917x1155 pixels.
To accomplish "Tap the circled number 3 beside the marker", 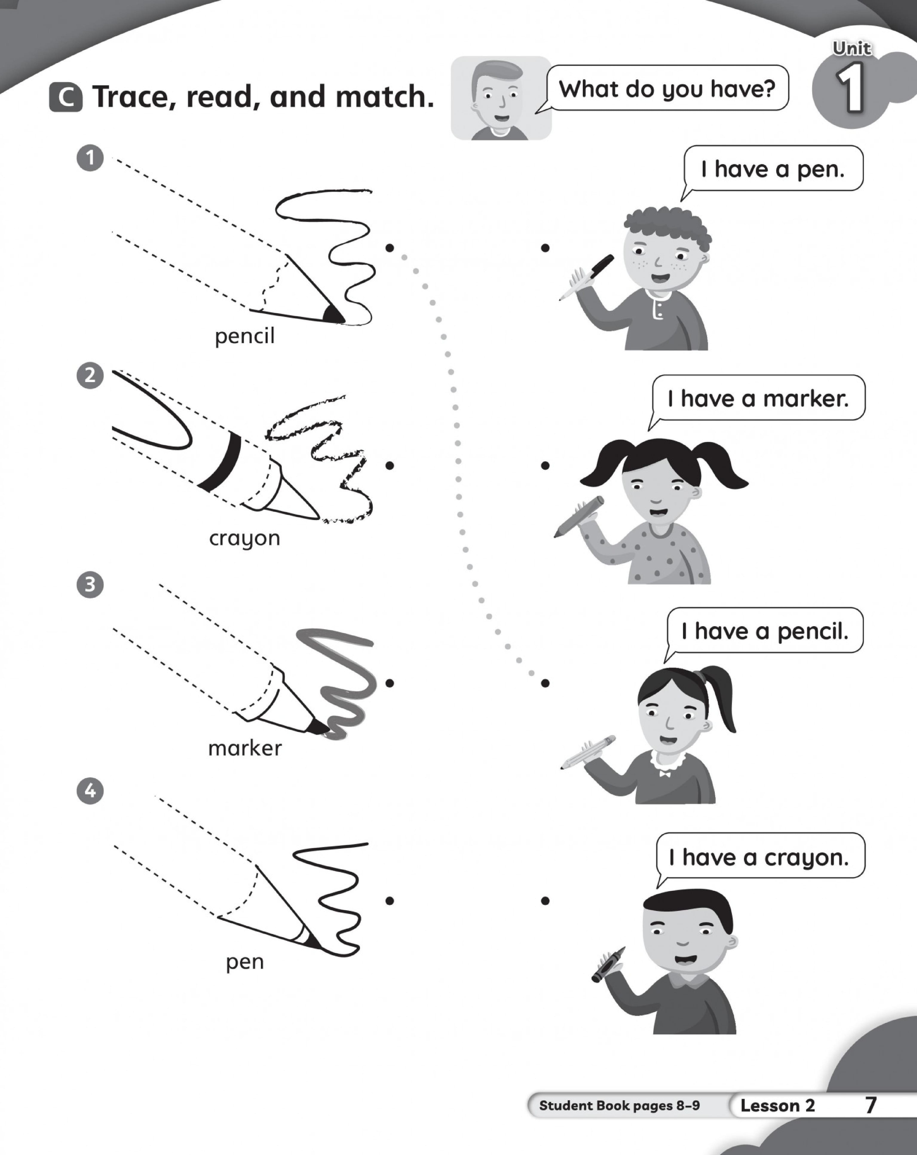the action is point(90,584).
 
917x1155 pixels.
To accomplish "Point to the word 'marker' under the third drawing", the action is point(245,748).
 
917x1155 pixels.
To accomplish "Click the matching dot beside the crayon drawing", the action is point(389,465).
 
